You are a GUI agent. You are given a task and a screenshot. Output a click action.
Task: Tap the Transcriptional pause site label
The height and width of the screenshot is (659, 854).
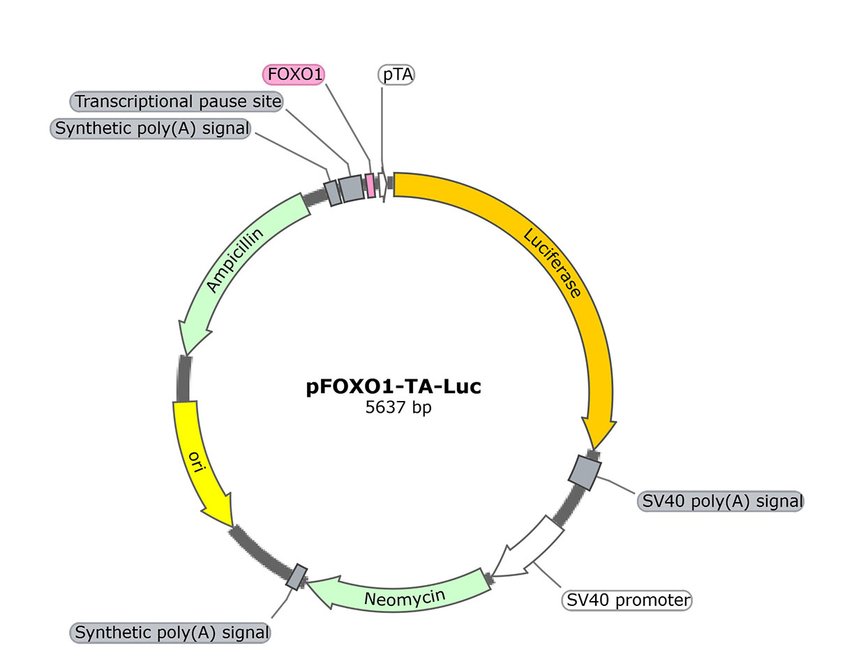pyautogui.click(x=178, y=102)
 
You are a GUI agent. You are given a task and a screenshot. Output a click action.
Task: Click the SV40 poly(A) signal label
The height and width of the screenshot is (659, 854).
pyautogui.click(x=720, y=501)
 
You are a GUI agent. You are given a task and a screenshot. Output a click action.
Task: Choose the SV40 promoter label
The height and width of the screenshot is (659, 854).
pyautogui.click(x=627, y=600)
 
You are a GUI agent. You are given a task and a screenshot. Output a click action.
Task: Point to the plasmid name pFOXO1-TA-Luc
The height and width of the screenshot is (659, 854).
pyautogui.click(x=394, y=386)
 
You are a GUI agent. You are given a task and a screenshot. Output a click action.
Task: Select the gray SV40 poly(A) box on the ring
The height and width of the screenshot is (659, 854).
pyautogui.click(x=584, y=472)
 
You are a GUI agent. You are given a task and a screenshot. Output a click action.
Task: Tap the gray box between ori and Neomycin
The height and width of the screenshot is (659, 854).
pyautogui.click(x=297, y=576)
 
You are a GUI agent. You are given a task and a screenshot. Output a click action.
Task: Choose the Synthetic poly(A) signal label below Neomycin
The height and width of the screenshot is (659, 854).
pyautogui.click(x=171, y=633)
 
